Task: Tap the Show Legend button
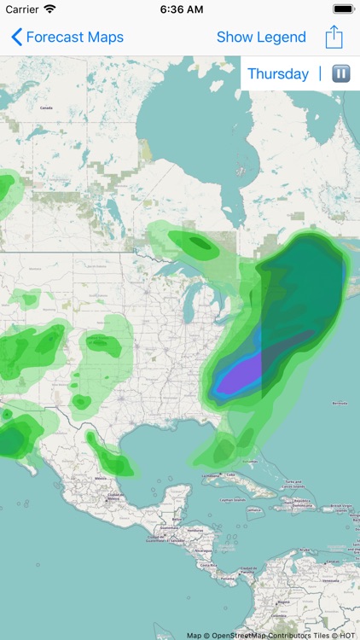tap(261, 38)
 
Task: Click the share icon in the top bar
tap(334, 38)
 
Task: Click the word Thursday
tap(278, 74)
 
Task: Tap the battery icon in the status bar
tap(343, 9)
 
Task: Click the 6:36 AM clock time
tap(180, 9)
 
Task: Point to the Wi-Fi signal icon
tap(49, 9)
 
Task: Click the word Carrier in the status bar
tap(21, 9)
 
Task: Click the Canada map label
tap(46, 108)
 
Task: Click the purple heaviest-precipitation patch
tap(242, 375)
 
